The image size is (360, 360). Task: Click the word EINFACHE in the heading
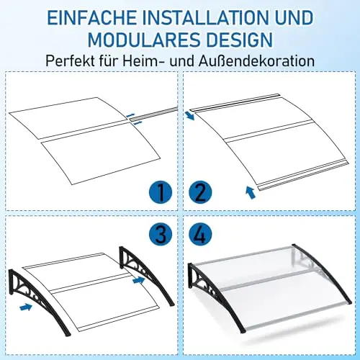tap(92, 18)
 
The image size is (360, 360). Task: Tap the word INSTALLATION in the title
tap(207, 18)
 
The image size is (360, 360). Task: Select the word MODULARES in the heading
tap(144, 40)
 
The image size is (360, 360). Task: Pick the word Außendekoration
tap(256, 61)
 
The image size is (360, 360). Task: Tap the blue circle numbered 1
tap(161, 193)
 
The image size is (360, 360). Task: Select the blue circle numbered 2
tap(200, 193)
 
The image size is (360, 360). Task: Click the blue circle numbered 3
tap(161, 234)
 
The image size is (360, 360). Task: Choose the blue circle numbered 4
tap(200, 234)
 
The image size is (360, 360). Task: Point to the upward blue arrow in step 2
tap(250, 193)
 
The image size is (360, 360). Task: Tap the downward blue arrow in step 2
tap(190, 115)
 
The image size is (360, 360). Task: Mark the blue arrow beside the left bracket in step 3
tap(26, 307)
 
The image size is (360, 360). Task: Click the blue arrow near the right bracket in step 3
tap(139, 280)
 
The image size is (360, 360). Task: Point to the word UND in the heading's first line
tap(294, 18)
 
